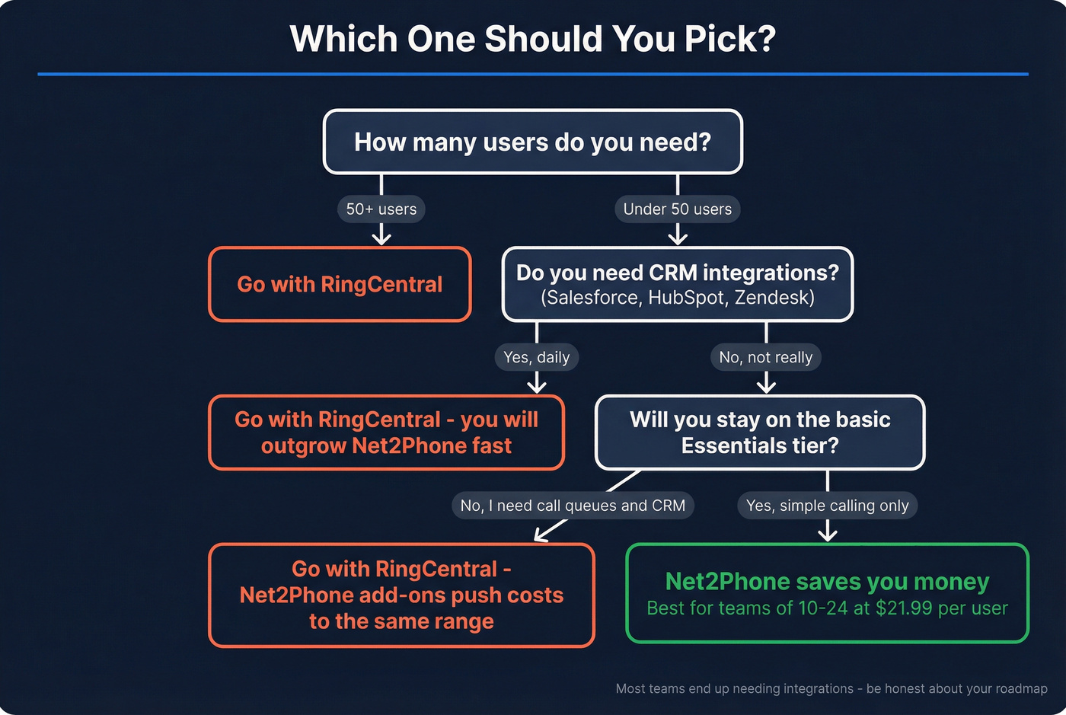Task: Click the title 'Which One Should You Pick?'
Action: click(532, 39)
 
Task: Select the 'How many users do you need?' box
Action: click(532, 142)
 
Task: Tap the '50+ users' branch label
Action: click(381, 209)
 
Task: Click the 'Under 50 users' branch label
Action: click(677, 209)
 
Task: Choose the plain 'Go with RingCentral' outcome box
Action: click(340, 285)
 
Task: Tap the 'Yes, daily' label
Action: click(537, 357)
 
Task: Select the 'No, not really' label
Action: click(766, 357)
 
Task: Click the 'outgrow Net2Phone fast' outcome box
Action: click(386, 433)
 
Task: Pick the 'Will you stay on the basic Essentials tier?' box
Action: click(760, 433)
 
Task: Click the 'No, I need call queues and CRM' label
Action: click(573, 506)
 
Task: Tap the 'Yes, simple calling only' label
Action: click(828, 506)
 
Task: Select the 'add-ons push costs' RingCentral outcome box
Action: click(401, 595)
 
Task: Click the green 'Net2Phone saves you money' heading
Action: click(827, 582)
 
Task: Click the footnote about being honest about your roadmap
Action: click(831, 688)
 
